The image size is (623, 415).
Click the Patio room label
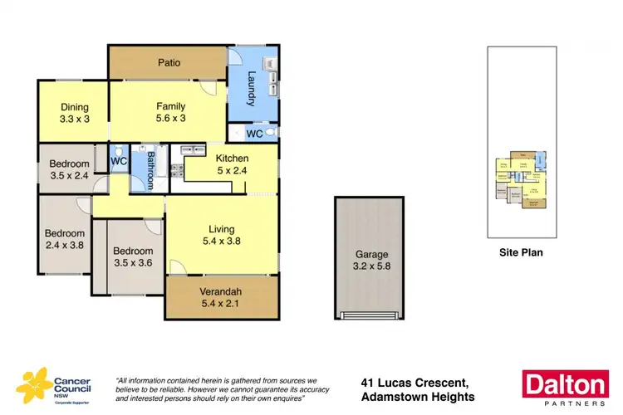[x=169, y=63]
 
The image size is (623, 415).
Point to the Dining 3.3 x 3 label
[x=74, y=112]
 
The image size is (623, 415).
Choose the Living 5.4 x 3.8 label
[x=222, y=235]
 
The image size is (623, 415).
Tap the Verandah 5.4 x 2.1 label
[x=222, y=297]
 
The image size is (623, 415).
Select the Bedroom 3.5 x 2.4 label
[x=69, y=169]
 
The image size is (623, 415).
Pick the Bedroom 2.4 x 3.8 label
[x=65, y=239]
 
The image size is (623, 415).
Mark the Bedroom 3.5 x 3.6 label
[x=133, y=256]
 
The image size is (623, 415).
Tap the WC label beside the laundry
[x=256, y=134]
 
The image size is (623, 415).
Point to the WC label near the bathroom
[x=119, y=161]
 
